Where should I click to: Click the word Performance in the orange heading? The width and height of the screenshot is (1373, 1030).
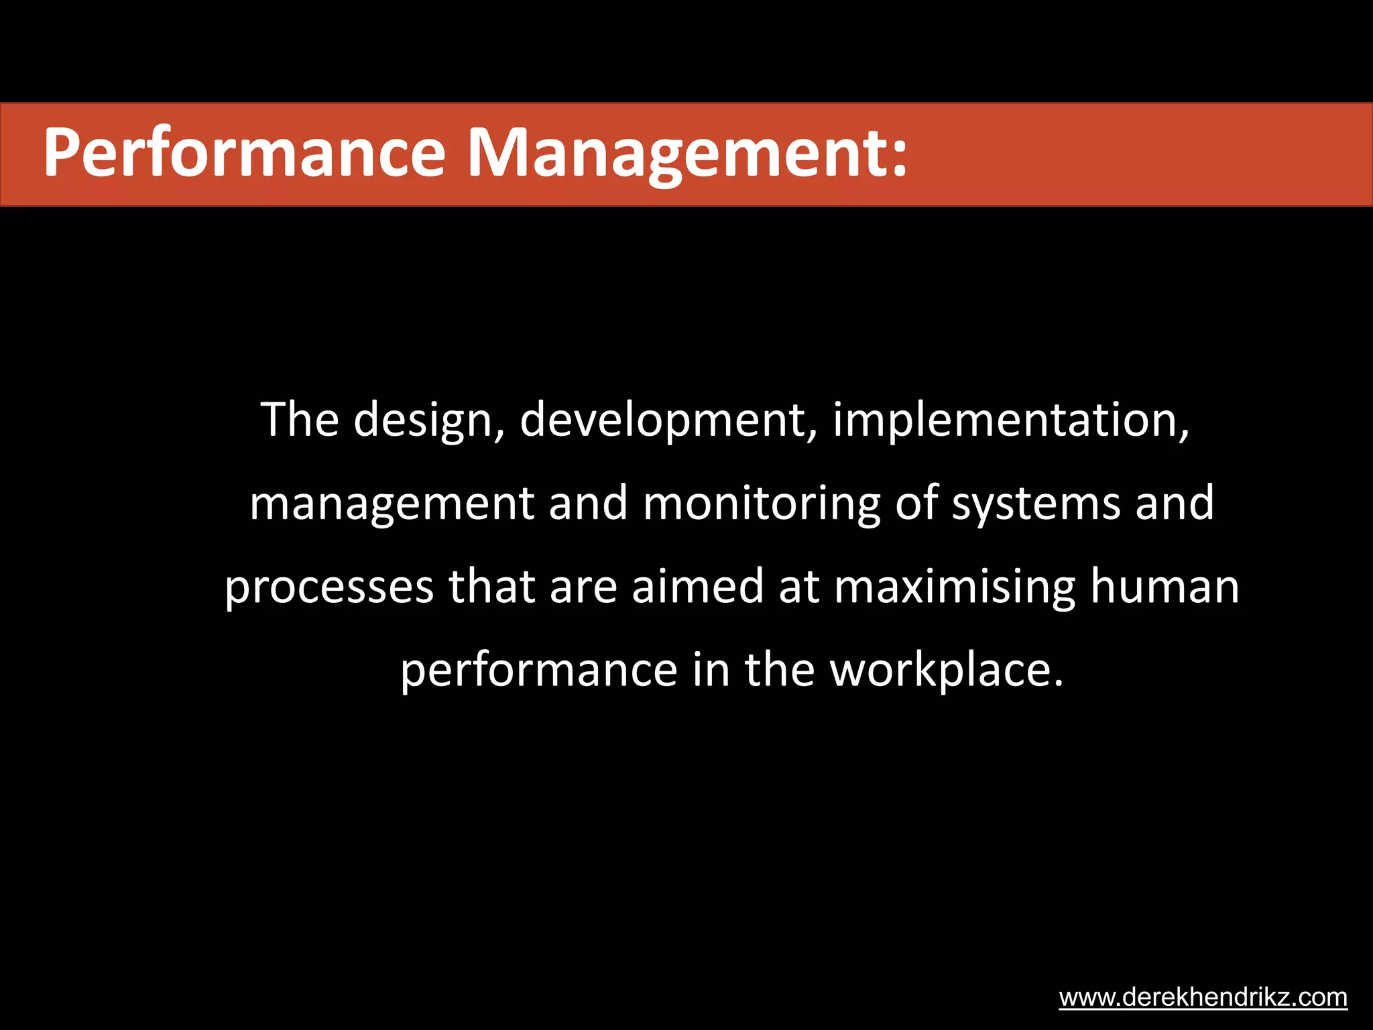[244, 153]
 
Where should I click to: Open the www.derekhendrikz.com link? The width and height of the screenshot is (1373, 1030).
[1203, 997]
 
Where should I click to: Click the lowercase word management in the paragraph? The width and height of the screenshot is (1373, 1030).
[392, 504]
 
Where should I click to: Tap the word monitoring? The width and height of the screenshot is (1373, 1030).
[762, 504]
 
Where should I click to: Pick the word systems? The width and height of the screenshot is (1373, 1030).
[1036, 504]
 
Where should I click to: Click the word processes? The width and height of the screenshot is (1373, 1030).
[329, 587]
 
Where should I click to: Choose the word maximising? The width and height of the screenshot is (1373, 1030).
[955, 587]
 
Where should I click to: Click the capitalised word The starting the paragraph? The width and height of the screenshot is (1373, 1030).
[300, 420]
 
